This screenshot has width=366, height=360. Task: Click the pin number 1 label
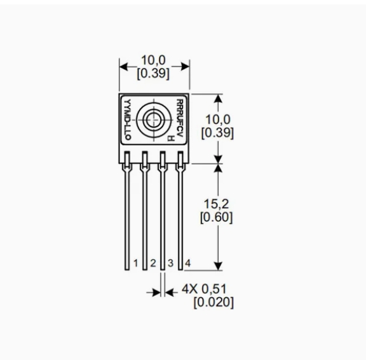(x=135, y=263)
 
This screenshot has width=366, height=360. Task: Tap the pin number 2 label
(x=153, y=263)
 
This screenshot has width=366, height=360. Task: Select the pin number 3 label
(x=171, y=263)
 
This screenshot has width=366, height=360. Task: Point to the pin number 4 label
(x=188, y=263)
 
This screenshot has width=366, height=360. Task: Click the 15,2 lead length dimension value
(x=216, y=204)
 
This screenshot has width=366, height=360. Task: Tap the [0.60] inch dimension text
(x=217, y=217)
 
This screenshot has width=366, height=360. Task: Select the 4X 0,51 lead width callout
(x=204, y=289)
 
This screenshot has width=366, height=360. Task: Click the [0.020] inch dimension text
(x=213, y=302)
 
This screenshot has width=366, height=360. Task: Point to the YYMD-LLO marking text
(x=128, y=119)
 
